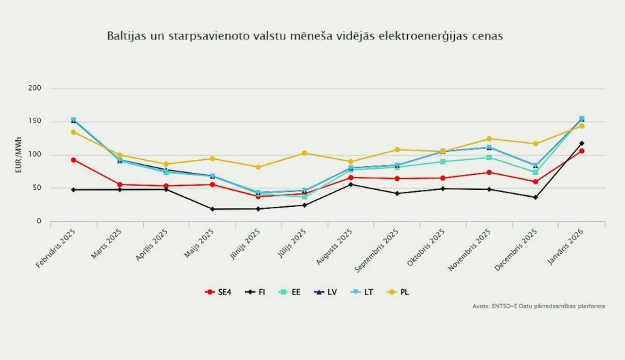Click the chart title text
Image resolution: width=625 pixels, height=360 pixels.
coord(304,36)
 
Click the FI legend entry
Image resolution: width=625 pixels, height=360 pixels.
coord(257,292)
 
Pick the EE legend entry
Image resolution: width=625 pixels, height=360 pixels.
coord(292,292)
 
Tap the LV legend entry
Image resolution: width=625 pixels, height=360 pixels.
coord(327,292)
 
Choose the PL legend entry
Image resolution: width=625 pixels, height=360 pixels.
coord(399,292)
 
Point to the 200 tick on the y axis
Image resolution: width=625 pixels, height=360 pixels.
coord(35,88)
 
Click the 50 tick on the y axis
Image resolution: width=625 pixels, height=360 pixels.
coord(37,188)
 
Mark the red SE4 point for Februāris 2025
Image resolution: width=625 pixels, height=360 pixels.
coord(74,160)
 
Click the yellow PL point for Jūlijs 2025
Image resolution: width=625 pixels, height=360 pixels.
coord(304,153)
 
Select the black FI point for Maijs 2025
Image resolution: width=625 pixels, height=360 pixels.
coord(212,209)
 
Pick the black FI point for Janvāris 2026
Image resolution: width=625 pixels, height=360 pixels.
coord(581,144)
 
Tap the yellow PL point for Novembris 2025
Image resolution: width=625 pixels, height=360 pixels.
coord(489,139)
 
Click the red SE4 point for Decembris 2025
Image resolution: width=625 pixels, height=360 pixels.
coord(535,182)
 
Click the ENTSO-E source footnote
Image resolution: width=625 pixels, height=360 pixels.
coord(539,306)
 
